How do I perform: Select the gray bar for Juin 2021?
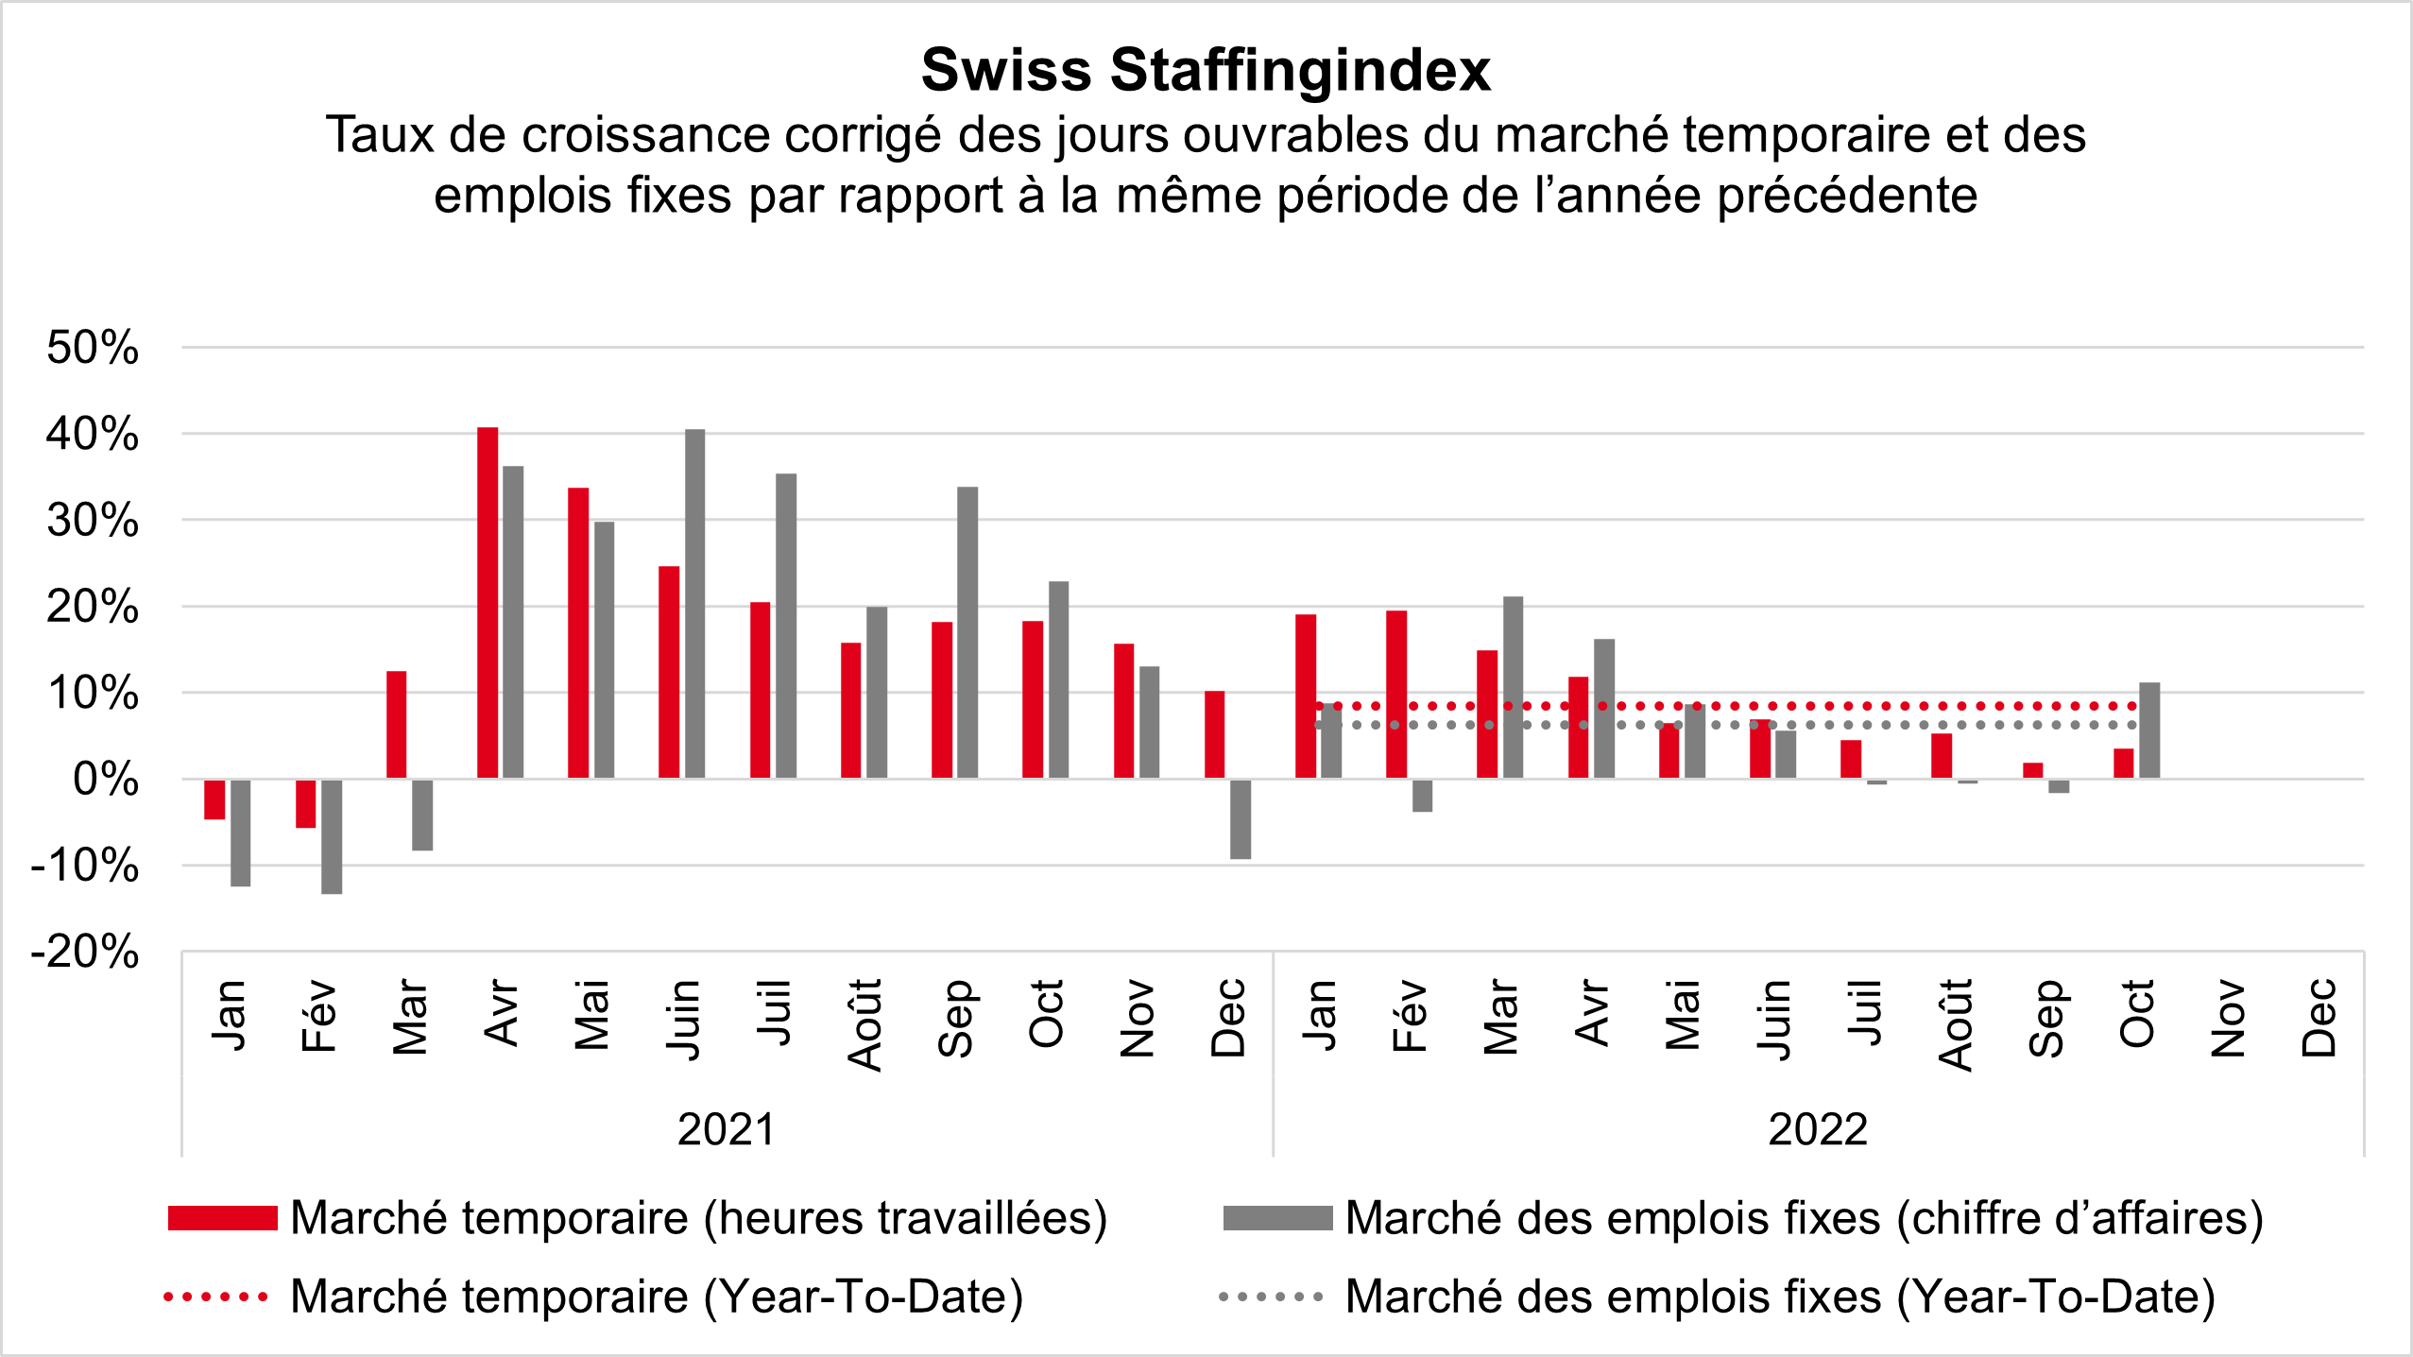[x=694, y=604]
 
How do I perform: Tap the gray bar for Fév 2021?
[x=332, y=836]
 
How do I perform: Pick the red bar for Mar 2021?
[x=397, y=725]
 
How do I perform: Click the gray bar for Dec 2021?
[x=1241, y=819]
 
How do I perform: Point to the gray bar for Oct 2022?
[x=2149, y=730]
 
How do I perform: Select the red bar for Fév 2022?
[x=1396, y=695]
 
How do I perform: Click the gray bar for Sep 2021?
[x=967, y=632]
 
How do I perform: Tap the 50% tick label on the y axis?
[x=93, y=348]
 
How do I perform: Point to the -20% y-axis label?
[x=85, y=952]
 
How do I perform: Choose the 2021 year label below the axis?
[x=726, y=1129]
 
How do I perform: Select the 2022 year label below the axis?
[x=1818, y=1129]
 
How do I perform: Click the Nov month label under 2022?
[x=2229, y=1018]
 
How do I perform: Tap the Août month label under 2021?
[x=865, y=1024]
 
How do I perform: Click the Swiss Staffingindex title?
[x=1206, y=70]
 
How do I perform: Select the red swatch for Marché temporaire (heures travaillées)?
[x=223, y=1218]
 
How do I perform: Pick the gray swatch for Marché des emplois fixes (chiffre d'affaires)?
[x=1277, y=1218]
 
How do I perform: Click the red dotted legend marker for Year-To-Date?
[x=216, y=1297]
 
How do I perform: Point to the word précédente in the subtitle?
[x=1847, y=196]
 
